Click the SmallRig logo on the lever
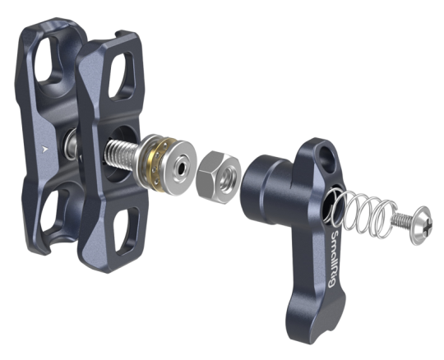click(334, 259)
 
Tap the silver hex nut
click(219, 178)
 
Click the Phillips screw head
click(422, 225)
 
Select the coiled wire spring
click(363, 211)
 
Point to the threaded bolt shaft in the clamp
click(123, 155)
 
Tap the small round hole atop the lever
click(326, 156)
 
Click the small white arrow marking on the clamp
click(44, 149)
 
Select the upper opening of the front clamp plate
click(120, 76)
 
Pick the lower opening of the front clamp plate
click(126, 231)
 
